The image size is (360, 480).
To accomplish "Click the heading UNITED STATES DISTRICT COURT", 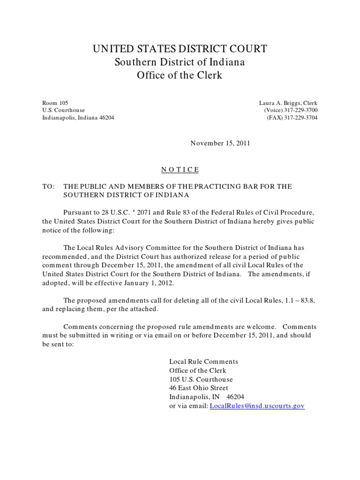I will click(180, 49).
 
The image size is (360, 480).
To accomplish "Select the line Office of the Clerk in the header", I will click(180, 75).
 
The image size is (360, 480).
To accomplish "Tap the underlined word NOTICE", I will click(180, 169).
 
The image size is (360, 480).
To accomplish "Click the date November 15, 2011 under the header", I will click(220, 143).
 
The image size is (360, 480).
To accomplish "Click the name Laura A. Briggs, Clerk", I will click(288, 103).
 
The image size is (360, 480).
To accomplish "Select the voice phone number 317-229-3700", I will click(300, 110).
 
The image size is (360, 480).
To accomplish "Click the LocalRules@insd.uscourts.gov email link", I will click(257, 405).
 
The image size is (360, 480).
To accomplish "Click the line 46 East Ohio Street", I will click(199, 388).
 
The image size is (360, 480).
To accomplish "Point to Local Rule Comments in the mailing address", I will click(203, 361).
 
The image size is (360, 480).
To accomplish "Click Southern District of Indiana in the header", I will click(180, 62).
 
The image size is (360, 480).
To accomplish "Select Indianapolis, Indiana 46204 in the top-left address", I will click(78, 118).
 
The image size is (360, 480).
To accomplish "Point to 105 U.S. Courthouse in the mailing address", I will click(201, 379).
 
